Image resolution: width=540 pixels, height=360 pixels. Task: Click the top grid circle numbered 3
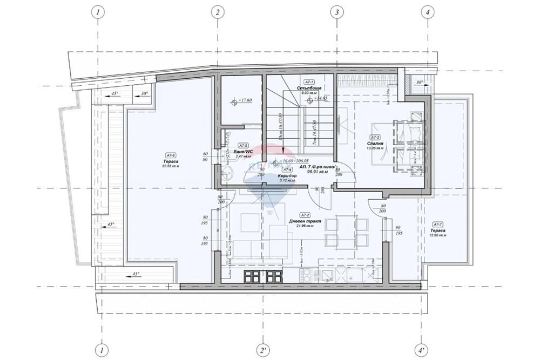(x=336, y=11)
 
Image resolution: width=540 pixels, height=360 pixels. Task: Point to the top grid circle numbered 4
(x=427, y=11)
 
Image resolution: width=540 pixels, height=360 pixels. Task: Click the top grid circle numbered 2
(x=217, y=11)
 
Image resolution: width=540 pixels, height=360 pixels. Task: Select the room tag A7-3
(x=376, y=137)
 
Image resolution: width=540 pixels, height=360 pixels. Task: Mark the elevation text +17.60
(x=246, y=100)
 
